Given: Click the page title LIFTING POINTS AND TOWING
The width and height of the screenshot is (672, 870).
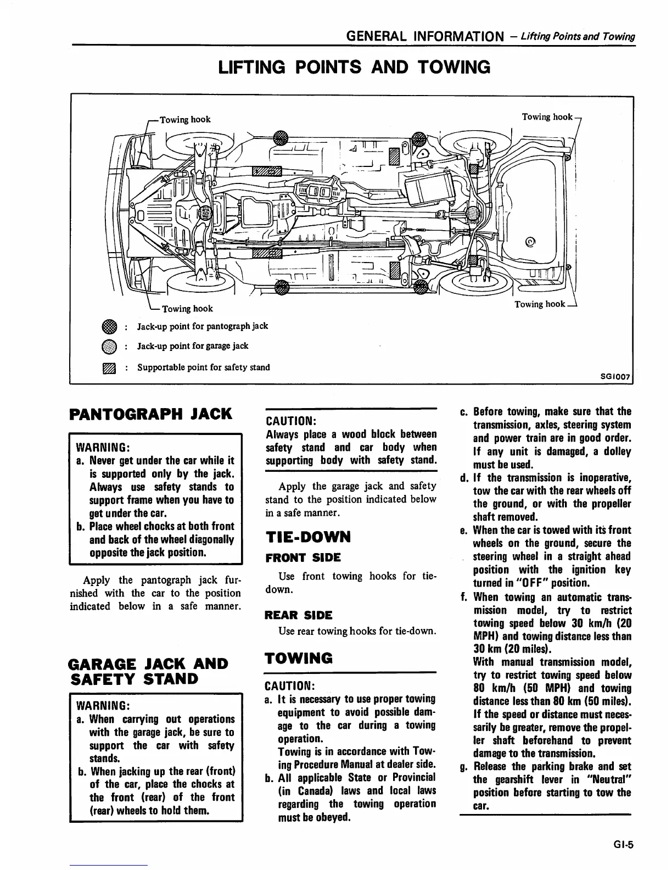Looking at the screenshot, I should (x=354, y=68).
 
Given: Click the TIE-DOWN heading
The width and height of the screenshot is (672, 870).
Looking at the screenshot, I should (x=307, y=537).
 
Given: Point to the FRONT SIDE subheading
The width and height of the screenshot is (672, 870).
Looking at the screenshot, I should (x=303, y=557).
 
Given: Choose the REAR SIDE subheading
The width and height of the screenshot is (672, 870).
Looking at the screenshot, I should (x=298, y=615).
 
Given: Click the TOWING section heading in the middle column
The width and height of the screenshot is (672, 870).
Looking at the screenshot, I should (x=299, y=658).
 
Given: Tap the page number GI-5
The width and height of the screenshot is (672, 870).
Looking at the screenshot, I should (x=624, y=845).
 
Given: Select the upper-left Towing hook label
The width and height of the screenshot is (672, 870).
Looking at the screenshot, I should (x=185, y=120).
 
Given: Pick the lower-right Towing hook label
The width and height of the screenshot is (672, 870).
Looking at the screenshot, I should (x=539, y=304).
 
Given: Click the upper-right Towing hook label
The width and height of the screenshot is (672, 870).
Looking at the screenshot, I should (x=547, y=116).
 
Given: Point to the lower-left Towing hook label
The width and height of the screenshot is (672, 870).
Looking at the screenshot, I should (x=187, y=309).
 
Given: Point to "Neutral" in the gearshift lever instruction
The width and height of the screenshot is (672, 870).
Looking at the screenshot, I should (x=609, y=780).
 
